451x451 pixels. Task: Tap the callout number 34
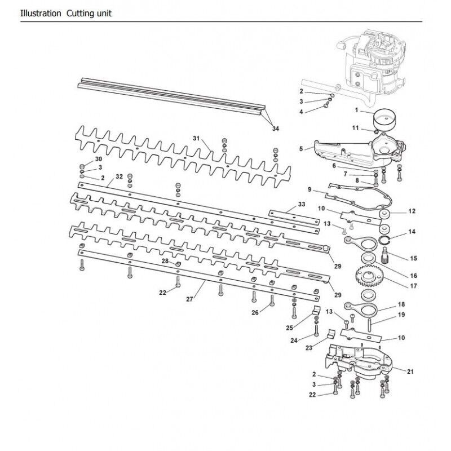(275, 129)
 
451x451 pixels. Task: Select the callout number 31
(196, 139)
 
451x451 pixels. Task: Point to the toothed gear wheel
(371, 277)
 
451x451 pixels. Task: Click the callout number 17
(414, 286)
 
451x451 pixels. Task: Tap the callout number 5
(302, 149)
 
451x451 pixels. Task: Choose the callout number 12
(411, 211)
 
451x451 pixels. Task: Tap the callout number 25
(290, 327)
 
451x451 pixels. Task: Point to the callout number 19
(401, 316)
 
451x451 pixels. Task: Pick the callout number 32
(119, 176)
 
